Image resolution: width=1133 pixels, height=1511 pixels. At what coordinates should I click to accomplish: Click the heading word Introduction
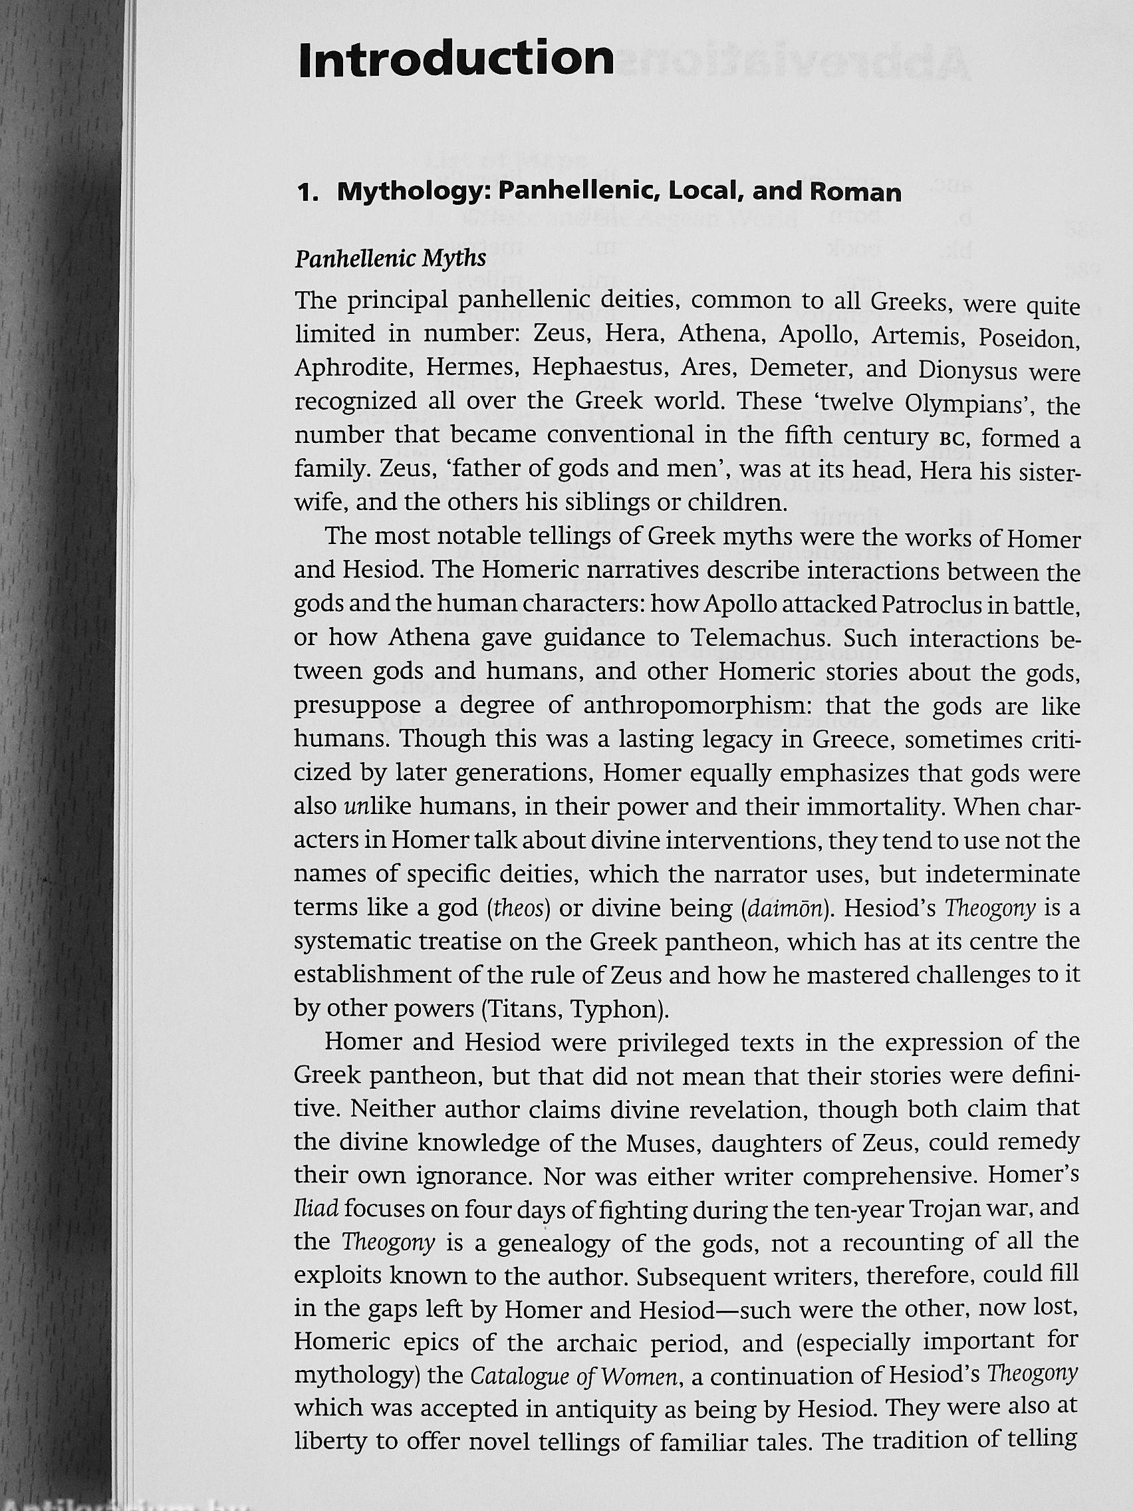click(456, 59)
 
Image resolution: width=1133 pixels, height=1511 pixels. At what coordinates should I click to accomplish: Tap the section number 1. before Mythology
click(309, 193)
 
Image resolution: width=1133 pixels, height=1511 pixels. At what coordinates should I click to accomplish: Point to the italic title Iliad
click(316, 1209)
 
